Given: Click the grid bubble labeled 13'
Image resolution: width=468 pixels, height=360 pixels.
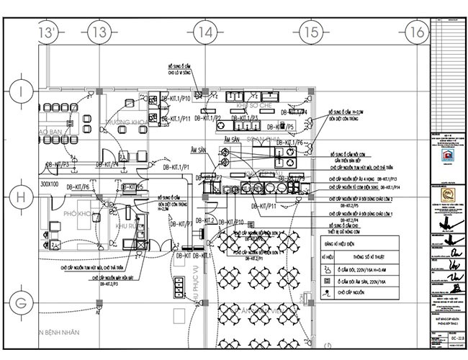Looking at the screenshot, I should point(48,32).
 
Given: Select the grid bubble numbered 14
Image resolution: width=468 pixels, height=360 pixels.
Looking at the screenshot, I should point(206,32).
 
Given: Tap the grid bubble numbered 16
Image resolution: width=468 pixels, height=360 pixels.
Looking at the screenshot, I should point(415,32).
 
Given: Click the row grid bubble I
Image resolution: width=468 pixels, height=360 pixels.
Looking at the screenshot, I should point(22,91).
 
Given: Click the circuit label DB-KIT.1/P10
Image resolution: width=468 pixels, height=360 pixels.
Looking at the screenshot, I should point(175,98).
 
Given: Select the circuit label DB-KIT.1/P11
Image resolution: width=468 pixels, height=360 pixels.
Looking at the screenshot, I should point(175,117).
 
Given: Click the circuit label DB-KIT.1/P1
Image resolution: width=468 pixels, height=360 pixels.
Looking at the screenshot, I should point(176,167).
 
